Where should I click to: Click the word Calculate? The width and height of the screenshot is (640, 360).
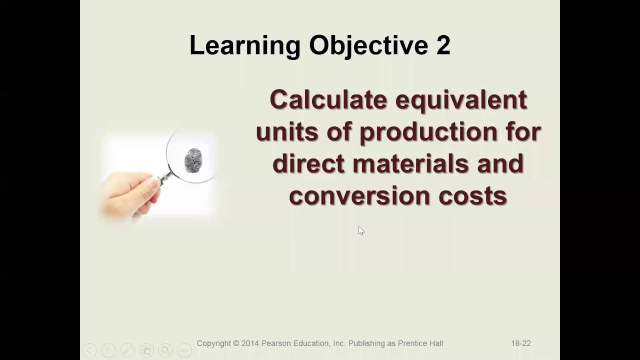click(328, 99)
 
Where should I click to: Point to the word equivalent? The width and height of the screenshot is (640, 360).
click(461, 99)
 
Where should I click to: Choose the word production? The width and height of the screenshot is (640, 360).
click(428, 132)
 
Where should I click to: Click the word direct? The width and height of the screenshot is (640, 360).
click(308, 163)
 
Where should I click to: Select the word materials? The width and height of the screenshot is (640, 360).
click(410, 163)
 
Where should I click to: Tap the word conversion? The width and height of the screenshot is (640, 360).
click(359, 195)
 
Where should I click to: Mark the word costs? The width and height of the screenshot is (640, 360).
click(473, 195)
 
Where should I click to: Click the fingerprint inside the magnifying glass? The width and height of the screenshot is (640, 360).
click(193, 160)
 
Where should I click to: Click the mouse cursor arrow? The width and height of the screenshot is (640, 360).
click(361, 230)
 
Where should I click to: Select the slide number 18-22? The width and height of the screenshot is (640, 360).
click(520, 343)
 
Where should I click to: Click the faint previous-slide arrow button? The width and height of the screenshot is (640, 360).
click(89, 350)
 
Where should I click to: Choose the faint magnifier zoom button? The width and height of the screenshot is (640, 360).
click(165, 350)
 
